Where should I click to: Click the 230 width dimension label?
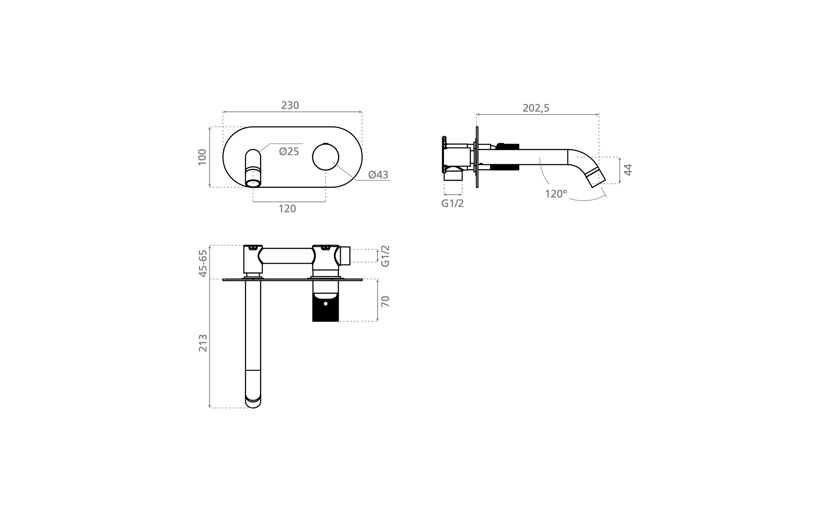290,105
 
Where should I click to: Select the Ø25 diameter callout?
289,151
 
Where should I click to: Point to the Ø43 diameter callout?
378,174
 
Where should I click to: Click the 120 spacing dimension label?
287,209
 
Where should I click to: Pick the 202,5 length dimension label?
536,108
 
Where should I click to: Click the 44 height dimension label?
628,170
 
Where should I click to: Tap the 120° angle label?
556,194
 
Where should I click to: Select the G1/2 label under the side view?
453,203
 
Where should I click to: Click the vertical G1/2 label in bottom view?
385,256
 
